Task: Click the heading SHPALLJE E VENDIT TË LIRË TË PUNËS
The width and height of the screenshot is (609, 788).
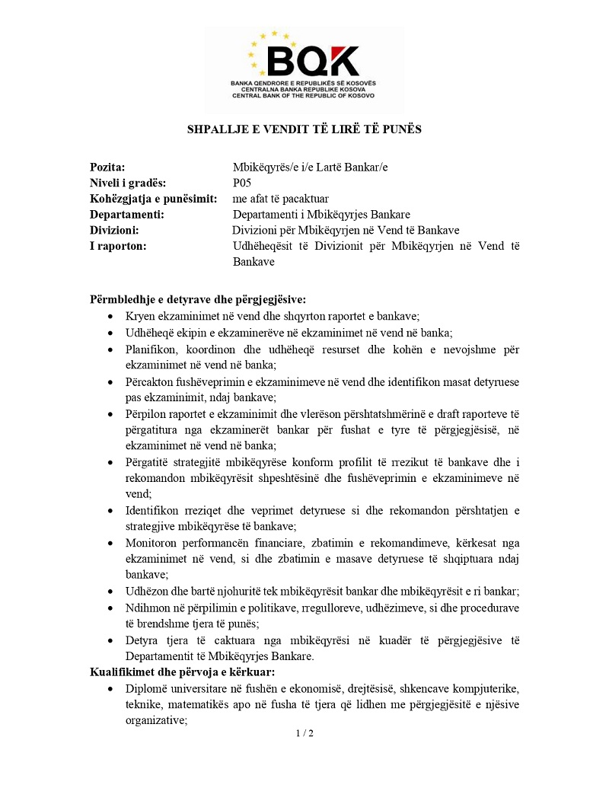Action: pyautogui.click(x=304, y=129)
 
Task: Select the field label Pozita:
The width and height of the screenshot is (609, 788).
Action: pyautogui.click(x=107, y=167)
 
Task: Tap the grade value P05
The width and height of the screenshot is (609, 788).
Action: pyautogui.click(x=242, y=183)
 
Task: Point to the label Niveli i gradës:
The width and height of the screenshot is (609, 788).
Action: pyautogui.click(x=128, y=183)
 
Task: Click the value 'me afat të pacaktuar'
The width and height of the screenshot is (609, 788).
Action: pyautogui.click(x=281, y=199)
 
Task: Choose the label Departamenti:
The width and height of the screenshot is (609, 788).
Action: pyautogui.click(x=127, y=215)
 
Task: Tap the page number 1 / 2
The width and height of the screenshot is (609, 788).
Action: pyautogui.click(x=304, y=734)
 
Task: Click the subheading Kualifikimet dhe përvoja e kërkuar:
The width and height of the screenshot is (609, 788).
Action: pyautogui.click(x=182, y=672)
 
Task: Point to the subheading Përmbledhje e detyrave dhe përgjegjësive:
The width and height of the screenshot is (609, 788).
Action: pyautogui.click(x=198, y=299)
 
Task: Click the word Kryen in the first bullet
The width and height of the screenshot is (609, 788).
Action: pyautogui.click(x=141, y=315)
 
